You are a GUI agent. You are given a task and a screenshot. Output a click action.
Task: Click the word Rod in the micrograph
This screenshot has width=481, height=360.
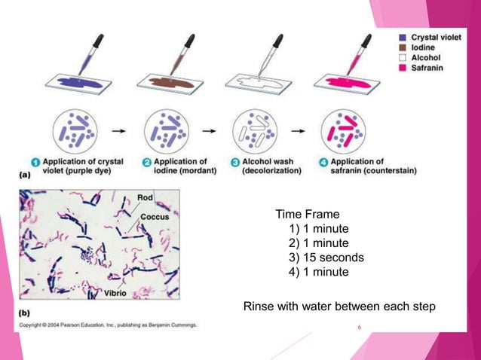tap(146, 198)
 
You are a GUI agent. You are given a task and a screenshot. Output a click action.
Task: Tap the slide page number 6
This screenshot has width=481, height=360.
tap(360, 328)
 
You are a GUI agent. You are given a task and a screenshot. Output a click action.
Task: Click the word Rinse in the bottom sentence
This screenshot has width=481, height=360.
tap(257, 307)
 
